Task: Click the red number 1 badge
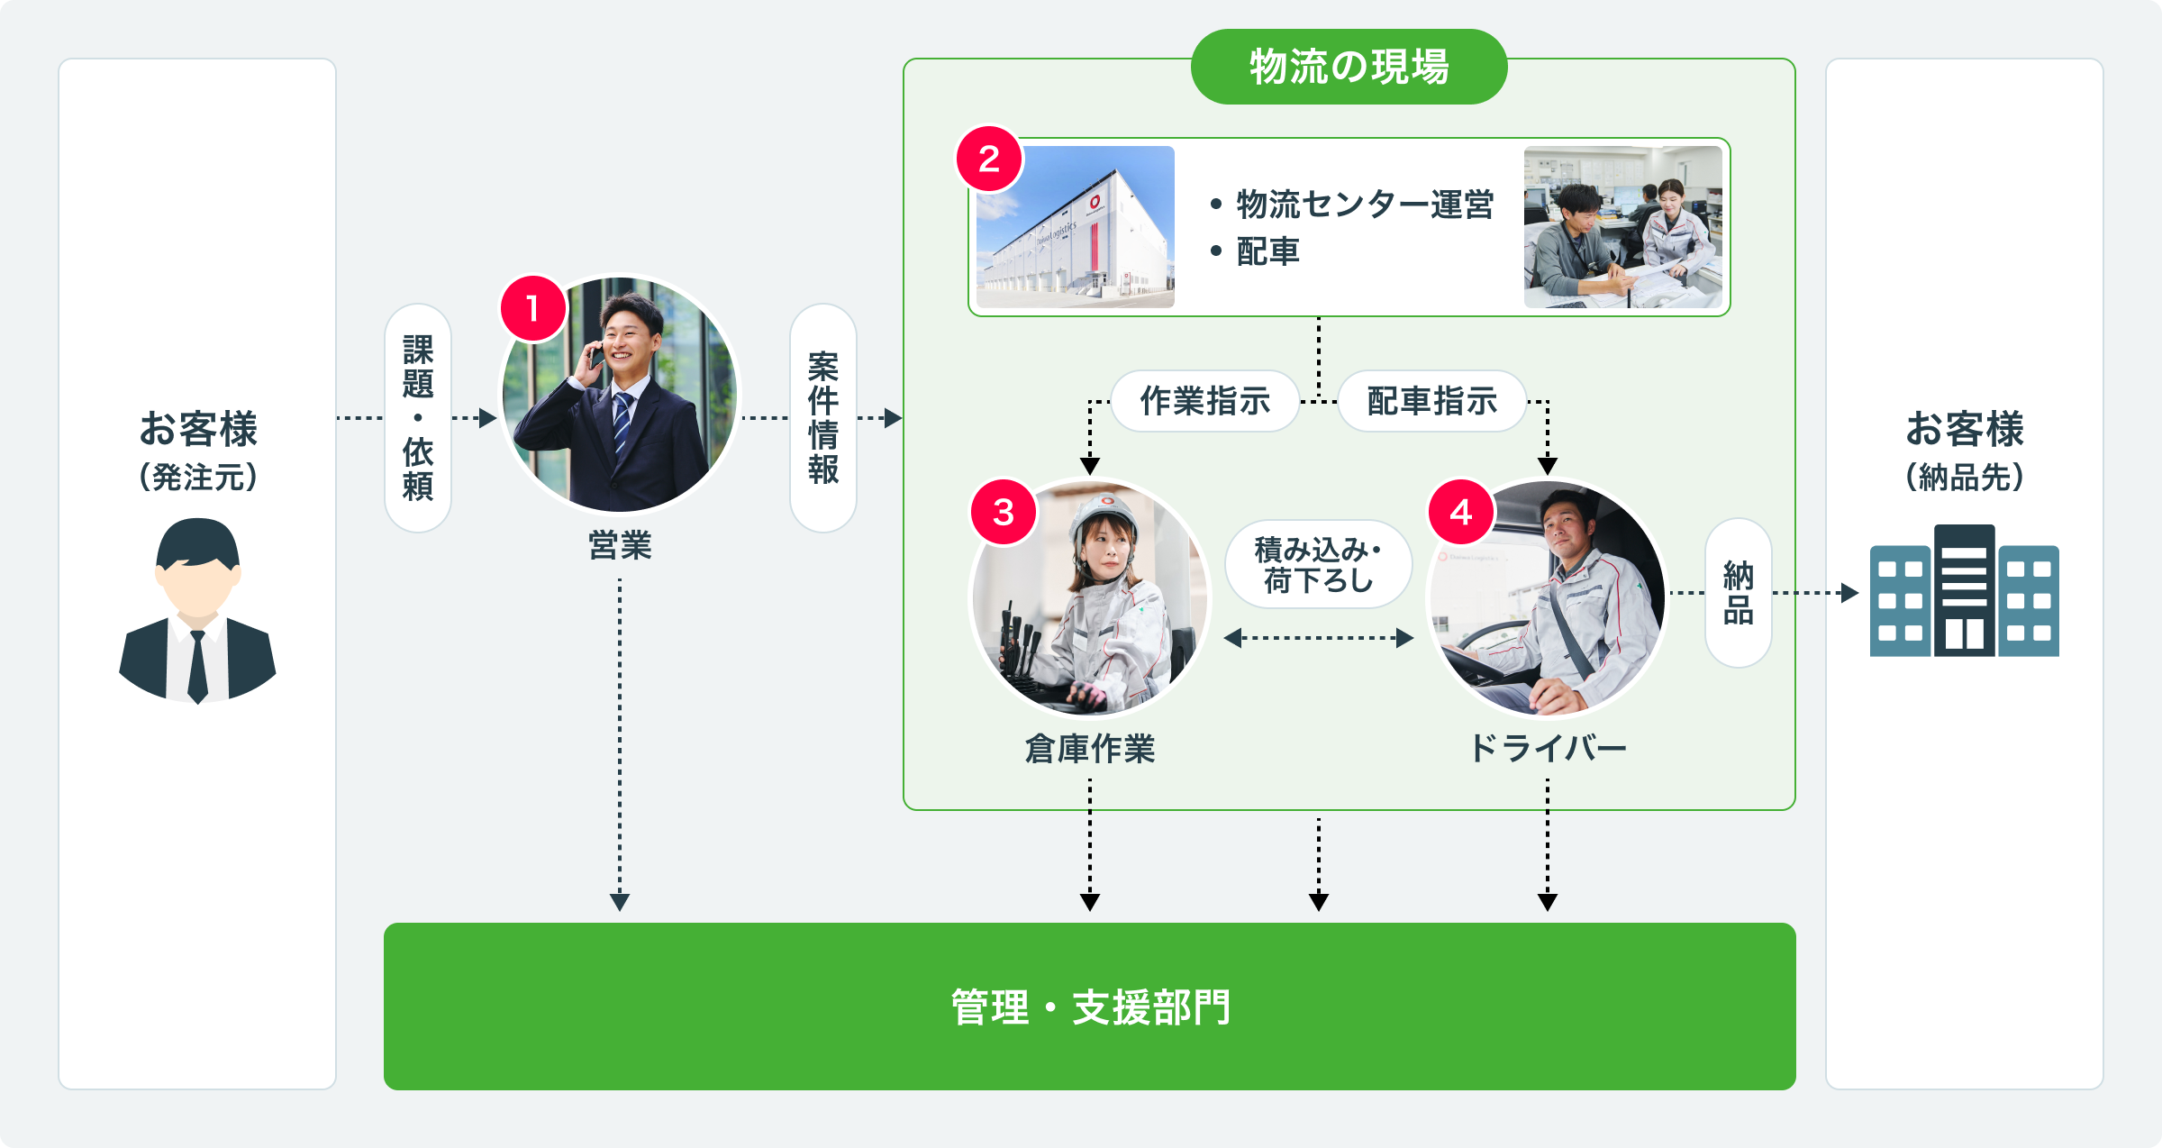(x=533, y=309)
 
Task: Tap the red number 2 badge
(x=989, y=159)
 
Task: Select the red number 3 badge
(x=1004, y=513)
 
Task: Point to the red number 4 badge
(x=1461, y=513)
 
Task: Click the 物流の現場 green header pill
(x=1349, y=67)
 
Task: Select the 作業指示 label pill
(x=1204, y=401)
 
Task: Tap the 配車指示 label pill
(x=1431, y=401)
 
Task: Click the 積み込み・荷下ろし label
(x=1318, y=565)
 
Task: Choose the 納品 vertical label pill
(x=1738, y=593)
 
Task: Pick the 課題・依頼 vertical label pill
(x=418, y=417)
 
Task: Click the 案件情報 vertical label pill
(x=822, y=417)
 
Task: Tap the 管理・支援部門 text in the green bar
(x=1090, y=1007)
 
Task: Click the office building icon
(x=1964, y=591)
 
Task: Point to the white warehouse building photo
(x=1076, y=227)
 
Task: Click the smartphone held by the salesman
(x=595, y=357)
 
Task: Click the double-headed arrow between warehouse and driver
(x=1318, y=638)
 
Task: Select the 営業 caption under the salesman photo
(x=620, y=546)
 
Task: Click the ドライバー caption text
(x=1547, y=749)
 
